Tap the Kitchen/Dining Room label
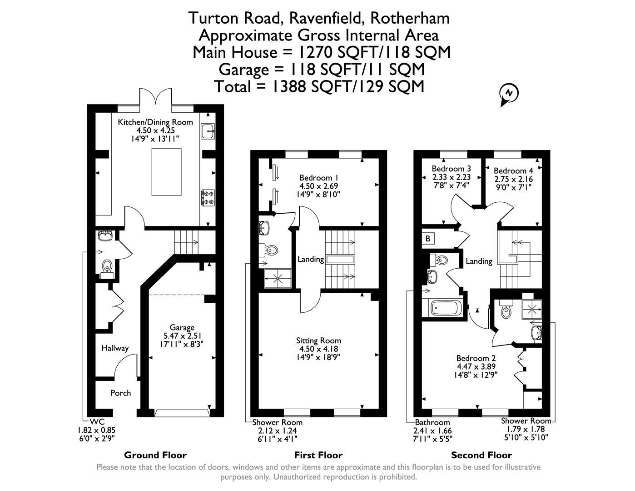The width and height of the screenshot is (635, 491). (x=155, y=122)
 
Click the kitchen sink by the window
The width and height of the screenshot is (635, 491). (x=208, y=131)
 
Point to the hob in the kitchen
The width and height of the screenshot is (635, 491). (x=208, y=197)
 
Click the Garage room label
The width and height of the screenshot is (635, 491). (x=182, y=327)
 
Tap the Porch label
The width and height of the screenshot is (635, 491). (x=121, y=393)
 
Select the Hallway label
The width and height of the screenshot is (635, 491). (x=115, y=348)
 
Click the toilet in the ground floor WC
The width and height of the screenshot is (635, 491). (x=107, y=266)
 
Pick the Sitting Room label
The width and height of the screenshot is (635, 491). (x=318, y=341)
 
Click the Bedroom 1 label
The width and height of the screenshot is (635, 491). (x=318, y=177)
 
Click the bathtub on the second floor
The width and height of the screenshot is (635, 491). (x=446, y=308)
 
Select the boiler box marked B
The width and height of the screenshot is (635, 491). (x=428, y=238)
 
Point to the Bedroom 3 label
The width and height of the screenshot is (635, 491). (x=451, y=169)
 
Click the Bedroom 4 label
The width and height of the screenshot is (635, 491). (x=513, y=170)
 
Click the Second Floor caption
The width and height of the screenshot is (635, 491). (x=481, y=455)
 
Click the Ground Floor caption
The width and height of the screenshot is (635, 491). (x=155, y=455)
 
